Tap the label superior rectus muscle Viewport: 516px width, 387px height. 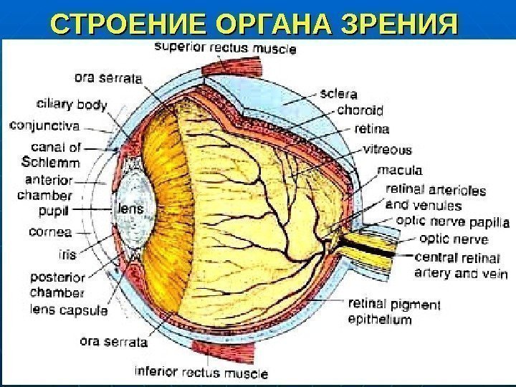[225, 49]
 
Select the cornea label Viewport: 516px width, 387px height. [50, 231]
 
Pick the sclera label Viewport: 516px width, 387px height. [340, 94]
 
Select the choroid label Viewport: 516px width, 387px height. [360, 111]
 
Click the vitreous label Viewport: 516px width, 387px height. [387, 150]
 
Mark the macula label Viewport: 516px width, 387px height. [399, 171]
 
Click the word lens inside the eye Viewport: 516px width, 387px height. [130, 209]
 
